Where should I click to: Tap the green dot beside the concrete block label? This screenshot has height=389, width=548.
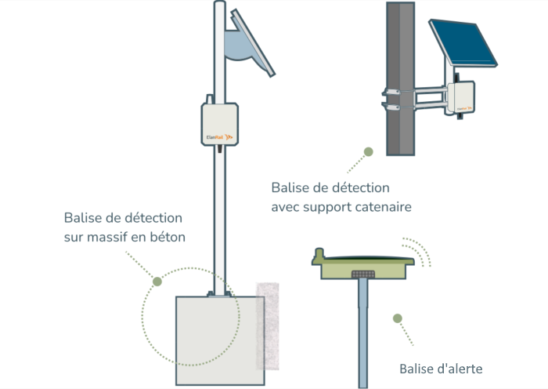[x=157, y=281]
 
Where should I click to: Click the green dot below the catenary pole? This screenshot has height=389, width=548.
[x=369, y=151]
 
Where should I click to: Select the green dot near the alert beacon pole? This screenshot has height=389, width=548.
[x=398, y=318]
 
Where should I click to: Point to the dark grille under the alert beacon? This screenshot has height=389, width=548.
[x=362, y=274]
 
